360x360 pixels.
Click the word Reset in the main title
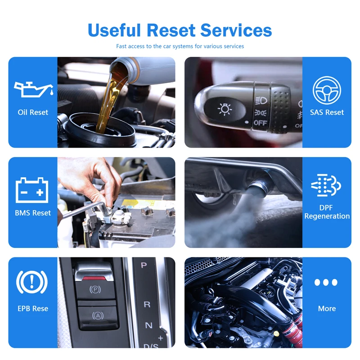(x=171, y=30)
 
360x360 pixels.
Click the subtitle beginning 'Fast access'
(x=180, y=46)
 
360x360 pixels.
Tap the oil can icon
(x=32, y=89)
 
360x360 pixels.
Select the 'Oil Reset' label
(x=33, y=112)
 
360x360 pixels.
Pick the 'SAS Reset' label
(x=327, y=112)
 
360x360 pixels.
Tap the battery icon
(x=32, y=190)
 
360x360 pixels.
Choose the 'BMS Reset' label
(x=33, y=212)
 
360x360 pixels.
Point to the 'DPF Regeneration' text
(x=327, y=212)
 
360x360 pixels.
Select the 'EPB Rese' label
(x=33, y=309)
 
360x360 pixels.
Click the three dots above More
(x=326, y=283)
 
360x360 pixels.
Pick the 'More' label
(x=327, y=309)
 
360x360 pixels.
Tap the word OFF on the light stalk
(x=260, y=122)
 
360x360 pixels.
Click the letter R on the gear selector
(x=147, y=304)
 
